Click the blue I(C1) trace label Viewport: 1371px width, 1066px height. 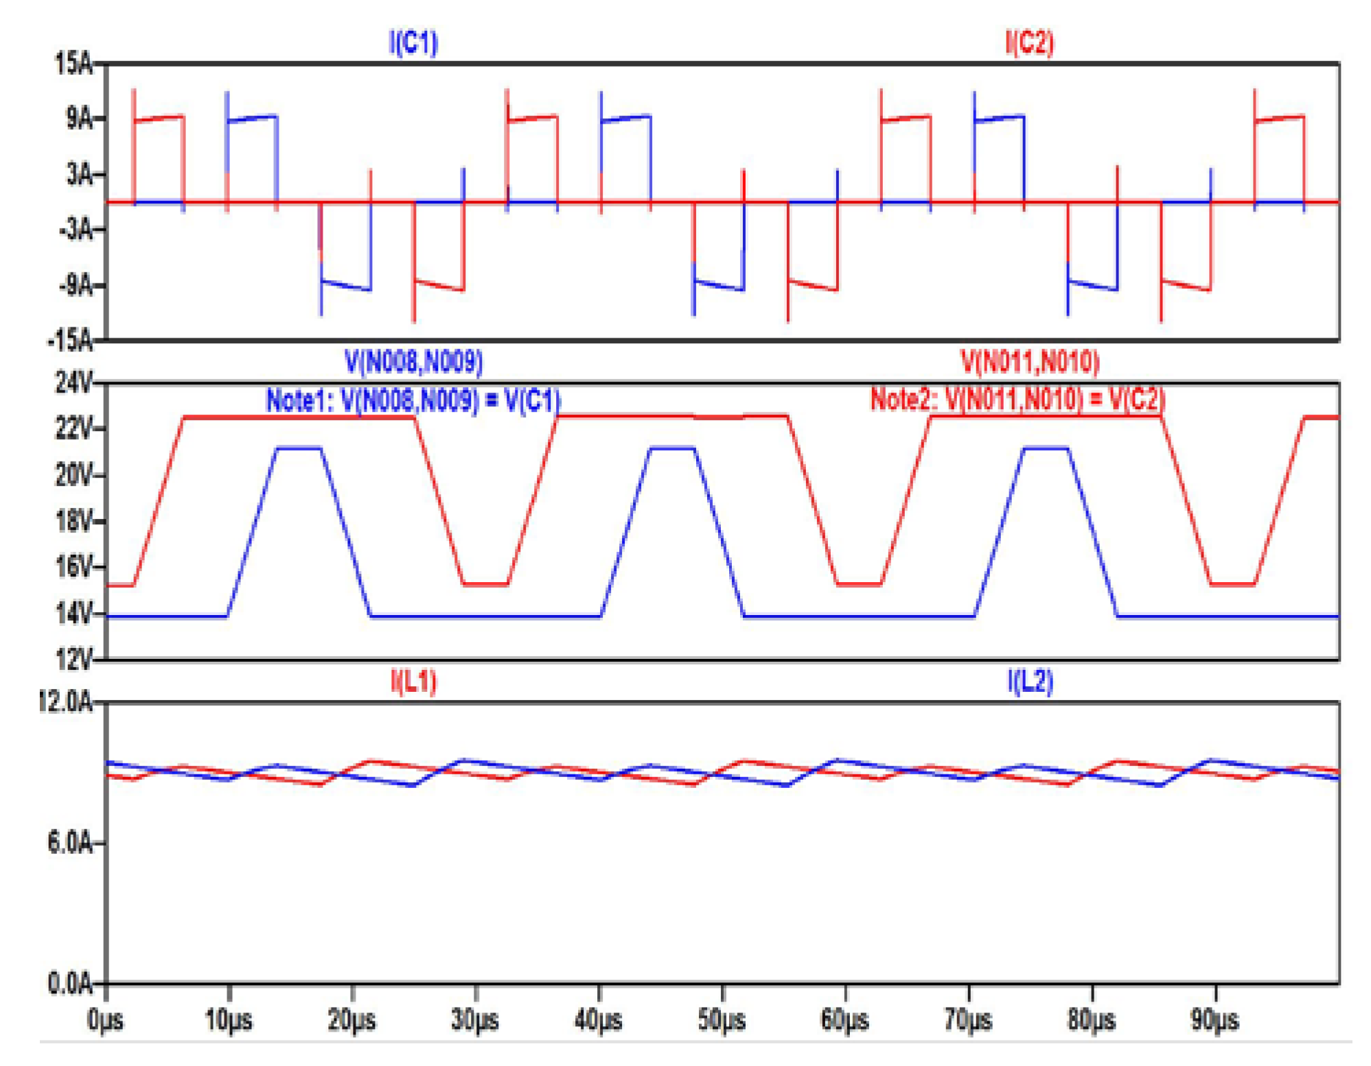(413, 43)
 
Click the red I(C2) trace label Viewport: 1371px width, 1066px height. (1028, 43)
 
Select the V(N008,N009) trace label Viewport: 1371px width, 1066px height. (413, 361)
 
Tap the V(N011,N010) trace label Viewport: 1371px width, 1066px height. (1028, 361)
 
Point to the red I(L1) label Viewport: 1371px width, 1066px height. (413, 681)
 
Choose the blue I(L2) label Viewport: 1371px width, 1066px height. (1029, 681)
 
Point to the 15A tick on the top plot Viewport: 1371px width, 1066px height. (73, 64)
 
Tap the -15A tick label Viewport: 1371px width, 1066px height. (70, 340)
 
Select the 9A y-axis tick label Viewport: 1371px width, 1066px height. (79, 119)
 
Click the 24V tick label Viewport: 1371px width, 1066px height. (73, 382)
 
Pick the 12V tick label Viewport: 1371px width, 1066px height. (73, 659)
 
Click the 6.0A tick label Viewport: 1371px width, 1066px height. (69, 842)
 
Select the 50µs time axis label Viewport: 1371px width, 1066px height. (722, 1020)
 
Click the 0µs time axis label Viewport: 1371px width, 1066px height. (106, 1020)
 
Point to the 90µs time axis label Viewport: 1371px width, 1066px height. (1214, 1020)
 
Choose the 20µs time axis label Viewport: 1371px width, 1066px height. (352, 1020)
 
